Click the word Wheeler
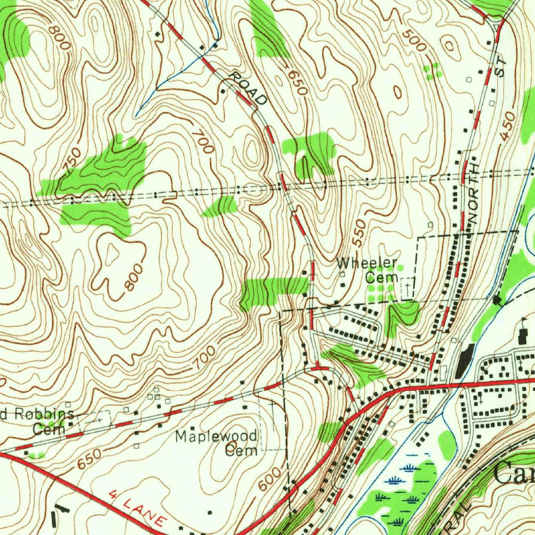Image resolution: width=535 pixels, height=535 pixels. [367, 263]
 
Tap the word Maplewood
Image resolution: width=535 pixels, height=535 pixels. [216, 436]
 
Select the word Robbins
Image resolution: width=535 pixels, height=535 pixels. [42, 415]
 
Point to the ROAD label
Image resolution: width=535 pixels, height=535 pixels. [249, 89]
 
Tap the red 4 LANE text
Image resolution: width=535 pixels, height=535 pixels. [138, 507]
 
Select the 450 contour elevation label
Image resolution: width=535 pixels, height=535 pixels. [507, 125]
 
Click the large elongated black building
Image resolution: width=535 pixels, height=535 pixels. [463, 361]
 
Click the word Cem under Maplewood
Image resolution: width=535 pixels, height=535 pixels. [241, 450]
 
